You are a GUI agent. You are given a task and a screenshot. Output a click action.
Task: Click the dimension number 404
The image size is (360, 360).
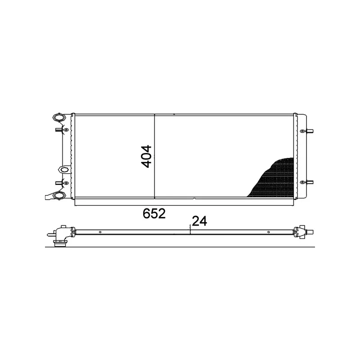coord(146,156)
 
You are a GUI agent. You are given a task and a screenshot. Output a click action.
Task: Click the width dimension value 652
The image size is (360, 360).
coord(154,213)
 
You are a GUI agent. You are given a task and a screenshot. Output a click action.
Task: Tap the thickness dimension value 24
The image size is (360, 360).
coord(199,221)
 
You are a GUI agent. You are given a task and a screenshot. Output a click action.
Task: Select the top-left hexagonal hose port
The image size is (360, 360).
coord(59,117)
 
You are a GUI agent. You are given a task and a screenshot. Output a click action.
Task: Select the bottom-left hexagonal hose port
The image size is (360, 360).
coord(59,196)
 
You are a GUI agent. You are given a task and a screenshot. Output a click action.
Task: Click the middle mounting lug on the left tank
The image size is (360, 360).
coord(64,170)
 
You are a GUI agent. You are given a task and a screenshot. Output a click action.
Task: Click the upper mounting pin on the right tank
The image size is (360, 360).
coord(310,131)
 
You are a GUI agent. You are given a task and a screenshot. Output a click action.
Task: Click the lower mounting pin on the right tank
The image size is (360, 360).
coord(310,182)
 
